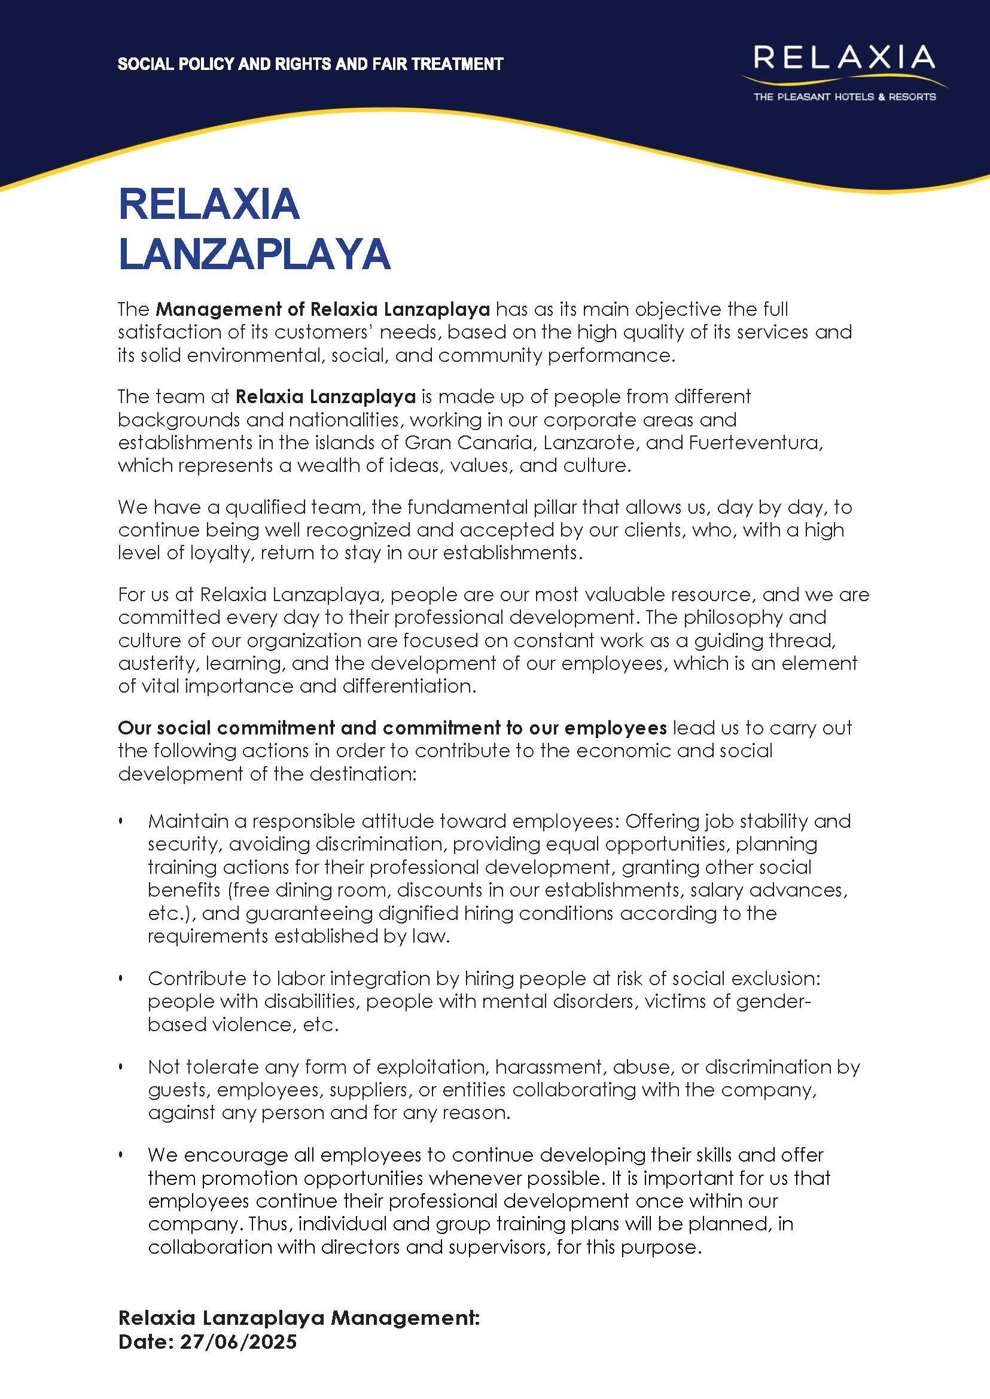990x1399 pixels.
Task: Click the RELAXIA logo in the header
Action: [x=843, y=58]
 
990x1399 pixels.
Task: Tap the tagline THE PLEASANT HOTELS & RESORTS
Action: [x=844, y=97]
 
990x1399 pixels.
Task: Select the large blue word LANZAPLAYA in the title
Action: [x=254, y=254]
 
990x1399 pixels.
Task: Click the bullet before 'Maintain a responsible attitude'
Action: [x=121, y=822]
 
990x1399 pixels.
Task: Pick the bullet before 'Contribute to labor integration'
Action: [x=121, y=979]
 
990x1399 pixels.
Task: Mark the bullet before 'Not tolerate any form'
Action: [x=121, y=1067]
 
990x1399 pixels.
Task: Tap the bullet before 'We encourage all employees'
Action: [x=121, y=1155]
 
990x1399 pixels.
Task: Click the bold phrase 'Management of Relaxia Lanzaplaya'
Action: [x=322, y=309]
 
